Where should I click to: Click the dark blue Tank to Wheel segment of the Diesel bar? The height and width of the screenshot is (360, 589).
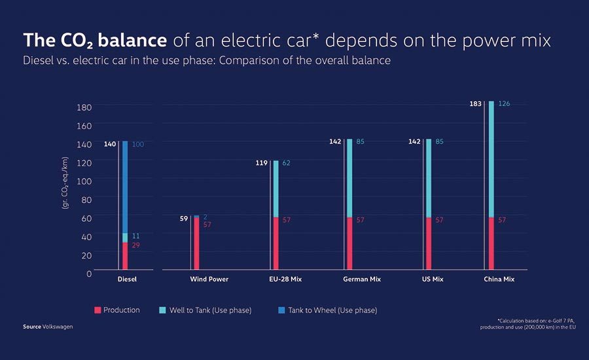point(125,187)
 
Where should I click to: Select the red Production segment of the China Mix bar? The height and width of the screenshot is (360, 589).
point(491,243)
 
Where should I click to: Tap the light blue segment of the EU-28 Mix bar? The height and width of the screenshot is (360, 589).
point(276,189)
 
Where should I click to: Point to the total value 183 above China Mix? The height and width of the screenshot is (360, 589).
point(475,103)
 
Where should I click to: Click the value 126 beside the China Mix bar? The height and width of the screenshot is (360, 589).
point(504,103)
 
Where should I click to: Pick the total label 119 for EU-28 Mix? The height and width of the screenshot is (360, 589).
point(261,163)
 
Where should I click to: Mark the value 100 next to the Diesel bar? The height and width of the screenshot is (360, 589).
point(138,144)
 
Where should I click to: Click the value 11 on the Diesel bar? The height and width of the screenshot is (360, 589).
point(136,236)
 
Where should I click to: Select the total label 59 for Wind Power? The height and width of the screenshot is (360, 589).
point(184,219)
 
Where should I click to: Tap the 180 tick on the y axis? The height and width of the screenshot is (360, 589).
point(84,107)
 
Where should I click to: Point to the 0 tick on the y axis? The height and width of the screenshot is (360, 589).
point(89,274)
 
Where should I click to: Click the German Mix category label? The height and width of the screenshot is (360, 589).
point(362,279)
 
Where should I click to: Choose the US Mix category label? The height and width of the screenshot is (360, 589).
point(433,279)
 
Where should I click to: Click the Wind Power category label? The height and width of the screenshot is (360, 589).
point(209,279)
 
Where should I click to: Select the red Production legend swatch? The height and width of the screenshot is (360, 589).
point(98,310)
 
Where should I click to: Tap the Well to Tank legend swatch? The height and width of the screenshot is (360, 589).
point(163,310)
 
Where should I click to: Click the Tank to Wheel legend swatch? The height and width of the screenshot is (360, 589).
point(281,310)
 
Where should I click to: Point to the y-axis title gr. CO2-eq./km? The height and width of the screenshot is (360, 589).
point(65,183)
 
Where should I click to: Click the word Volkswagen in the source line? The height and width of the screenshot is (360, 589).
point(58,327)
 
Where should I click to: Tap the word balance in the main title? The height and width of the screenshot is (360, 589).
point(132,40)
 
